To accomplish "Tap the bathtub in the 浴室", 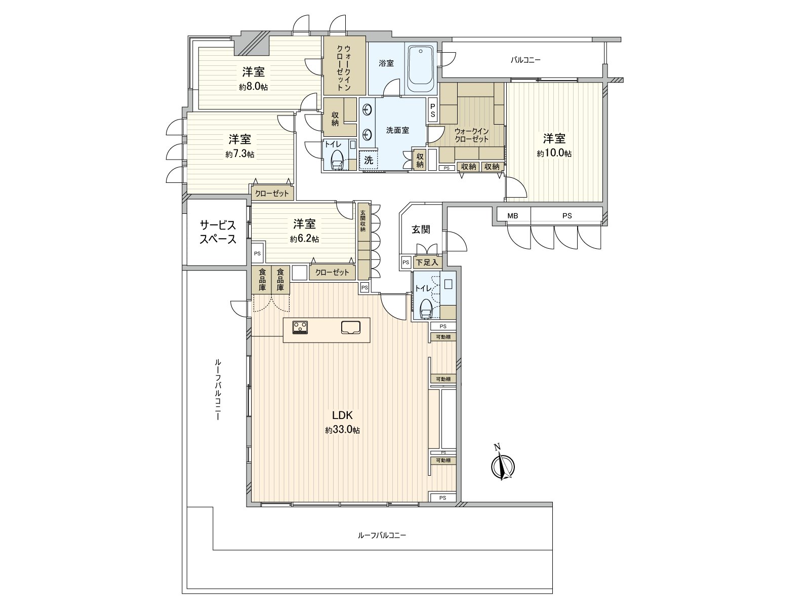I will pyautogui.click(x=420, y=68).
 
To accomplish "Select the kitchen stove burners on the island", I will pyautogui.click(x=300, y=327).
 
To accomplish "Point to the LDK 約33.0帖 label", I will pyautogui.click(x=342, y=422).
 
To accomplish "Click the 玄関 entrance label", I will pyautogui.click(x=421, y=229).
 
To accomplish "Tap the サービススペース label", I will pyautogui.click(x=217, y=232).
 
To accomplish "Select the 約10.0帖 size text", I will pyautogui.click(x=554, y=154).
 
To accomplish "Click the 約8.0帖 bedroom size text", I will pyautogui.click(x=253, y=87).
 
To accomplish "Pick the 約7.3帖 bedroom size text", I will pyautogui.click(x=239, y=154).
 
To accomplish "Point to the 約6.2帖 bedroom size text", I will pyautogui.click(x=304, y=239).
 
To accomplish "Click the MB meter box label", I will pyautogui.click(x=513, y=216).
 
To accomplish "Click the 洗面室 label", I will pyautogui.click(x=397, y=130).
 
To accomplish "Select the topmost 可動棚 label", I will pyautogui.click(x=443, y=337).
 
